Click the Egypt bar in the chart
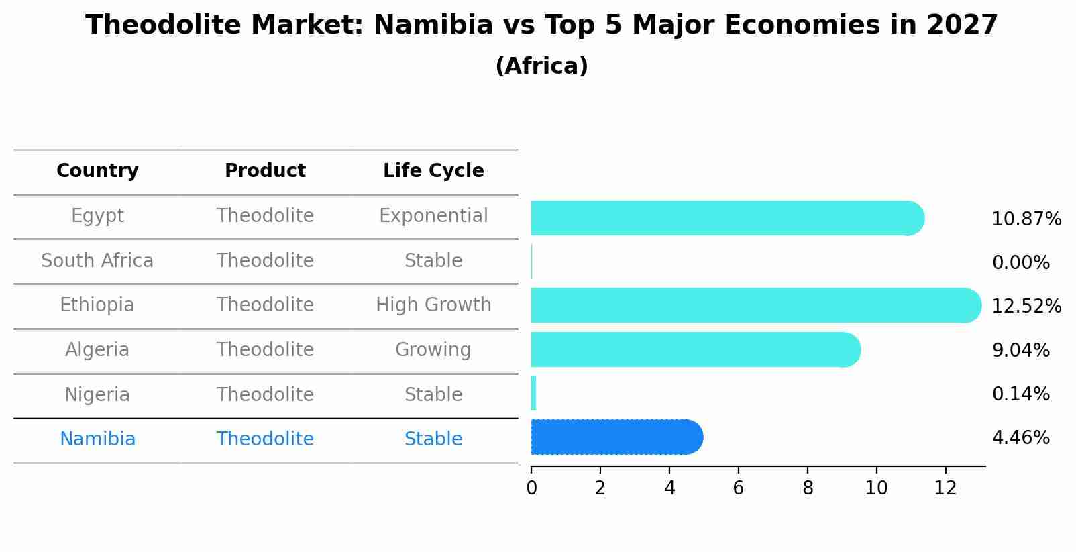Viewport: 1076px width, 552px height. [724, 218]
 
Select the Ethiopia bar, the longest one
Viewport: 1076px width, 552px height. [751, 305]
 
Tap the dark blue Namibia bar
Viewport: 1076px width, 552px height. [614, 437]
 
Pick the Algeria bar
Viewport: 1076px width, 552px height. [694, 349]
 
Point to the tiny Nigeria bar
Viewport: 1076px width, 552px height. [533, 393]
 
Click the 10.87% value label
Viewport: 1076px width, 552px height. [1026, 219]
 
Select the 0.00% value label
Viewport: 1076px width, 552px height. [1020, 263]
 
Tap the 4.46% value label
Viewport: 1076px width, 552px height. [1020, 438]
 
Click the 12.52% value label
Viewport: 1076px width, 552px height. [1026, 307]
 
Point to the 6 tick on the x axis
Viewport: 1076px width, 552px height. [738, 488]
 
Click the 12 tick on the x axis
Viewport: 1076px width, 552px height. [945, 488]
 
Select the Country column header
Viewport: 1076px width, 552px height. [97, 171]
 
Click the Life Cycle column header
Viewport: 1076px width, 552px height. [433, 171]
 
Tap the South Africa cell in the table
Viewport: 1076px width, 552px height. [97, 260]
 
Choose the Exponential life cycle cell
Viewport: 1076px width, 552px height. [433, 216]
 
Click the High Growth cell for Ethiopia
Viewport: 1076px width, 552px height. [433, 305]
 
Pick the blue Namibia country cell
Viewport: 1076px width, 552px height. [97, 439]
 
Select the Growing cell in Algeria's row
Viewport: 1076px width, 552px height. [433, 350]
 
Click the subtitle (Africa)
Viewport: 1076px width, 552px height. [541, 66]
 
